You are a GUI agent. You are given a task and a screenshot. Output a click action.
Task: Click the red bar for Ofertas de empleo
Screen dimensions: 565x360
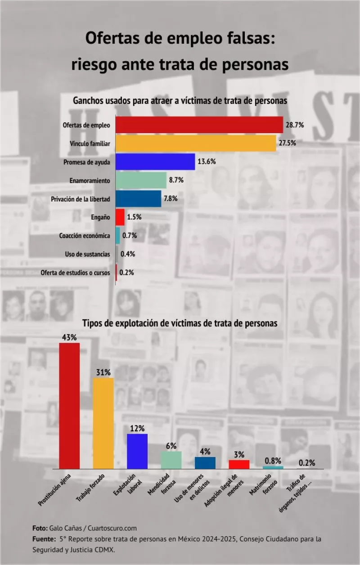click(x=199, y=125)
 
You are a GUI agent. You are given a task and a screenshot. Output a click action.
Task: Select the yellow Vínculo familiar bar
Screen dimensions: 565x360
click(x=196, y=143)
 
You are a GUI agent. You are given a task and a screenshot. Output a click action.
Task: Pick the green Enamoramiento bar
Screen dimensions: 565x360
click(x=141, y=180)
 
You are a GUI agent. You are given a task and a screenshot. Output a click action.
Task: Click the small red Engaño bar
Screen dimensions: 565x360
click(x=120, y=217)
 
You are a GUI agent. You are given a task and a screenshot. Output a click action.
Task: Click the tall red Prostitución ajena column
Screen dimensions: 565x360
click(x=70, y=406)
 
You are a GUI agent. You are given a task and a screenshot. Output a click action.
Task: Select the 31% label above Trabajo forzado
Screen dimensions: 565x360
click(x=103, y=372)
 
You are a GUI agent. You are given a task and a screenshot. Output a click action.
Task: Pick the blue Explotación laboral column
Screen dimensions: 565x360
click(x=137, y=451)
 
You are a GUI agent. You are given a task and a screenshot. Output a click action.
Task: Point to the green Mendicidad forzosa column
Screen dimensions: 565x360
click(x=171, y=460)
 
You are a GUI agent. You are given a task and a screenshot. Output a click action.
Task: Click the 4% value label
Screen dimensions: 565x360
click(x=205, y=451)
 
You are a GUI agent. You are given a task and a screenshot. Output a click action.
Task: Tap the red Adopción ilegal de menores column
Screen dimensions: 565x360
click(x=239, y=464)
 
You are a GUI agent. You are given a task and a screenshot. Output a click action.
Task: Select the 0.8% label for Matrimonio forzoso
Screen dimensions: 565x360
click(x=273, y=460)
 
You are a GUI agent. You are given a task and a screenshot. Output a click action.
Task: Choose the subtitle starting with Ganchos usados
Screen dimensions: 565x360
click(x=180, y=101)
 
